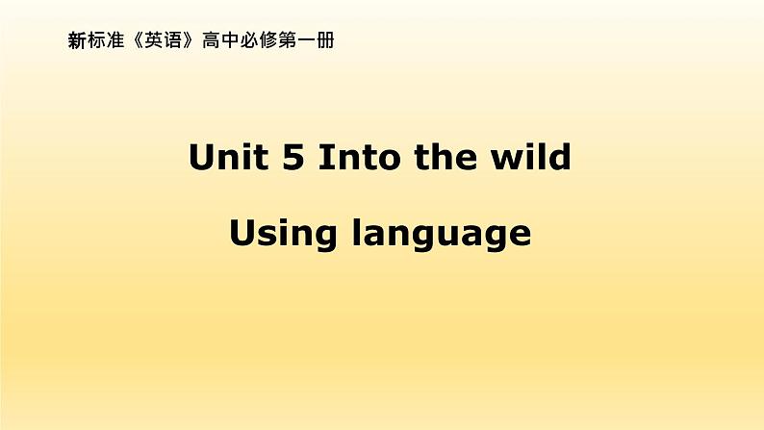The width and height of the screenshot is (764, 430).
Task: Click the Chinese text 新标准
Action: point(90,42)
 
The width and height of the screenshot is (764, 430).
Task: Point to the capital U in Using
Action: point(243,233)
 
